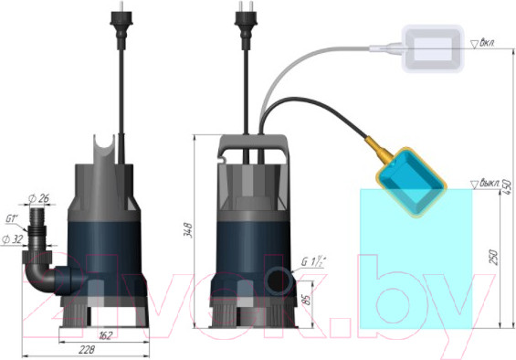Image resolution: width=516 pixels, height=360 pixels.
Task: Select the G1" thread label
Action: coord(14,219)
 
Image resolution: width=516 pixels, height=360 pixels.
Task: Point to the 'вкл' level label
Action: coord(485,43)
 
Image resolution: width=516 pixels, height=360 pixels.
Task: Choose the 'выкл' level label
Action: coord(488,182)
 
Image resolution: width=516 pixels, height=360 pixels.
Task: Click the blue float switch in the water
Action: coord(413,182)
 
